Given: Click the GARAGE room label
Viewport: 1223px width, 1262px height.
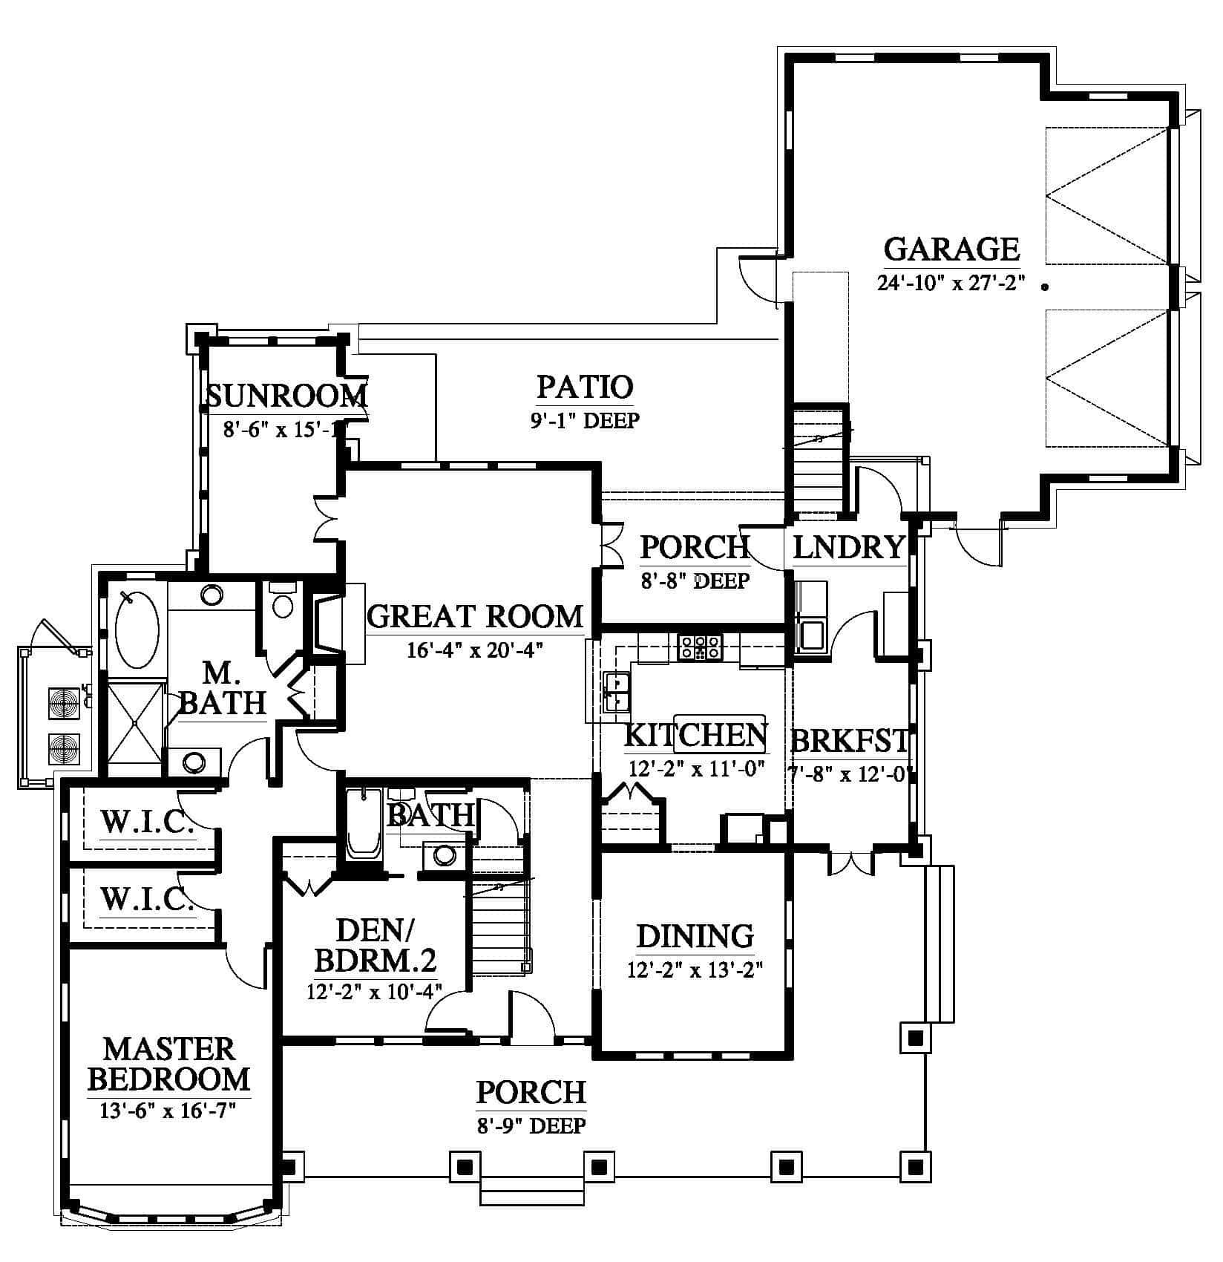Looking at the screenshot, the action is pyautogui.click(x=951, y=249).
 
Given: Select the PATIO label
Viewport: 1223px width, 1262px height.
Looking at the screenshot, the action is pyautogui.click(x=585, y=387).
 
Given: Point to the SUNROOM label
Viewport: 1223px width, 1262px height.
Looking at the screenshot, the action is pyautogui.click(x=286, y=396).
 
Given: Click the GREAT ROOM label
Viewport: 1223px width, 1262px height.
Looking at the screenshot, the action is pyautogui.click(x=476, y=616).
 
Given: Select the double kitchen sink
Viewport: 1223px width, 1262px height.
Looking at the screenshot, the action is pyautogui.click(x=617, y=692).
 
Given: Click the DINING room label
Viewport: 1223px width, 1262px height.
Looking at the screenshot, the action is pyautogui.click(x=695, y=936).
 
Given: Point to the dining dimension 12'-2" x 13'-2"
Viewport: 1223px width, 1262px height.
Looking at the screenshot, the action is pyautogui.click(x=695, y=970).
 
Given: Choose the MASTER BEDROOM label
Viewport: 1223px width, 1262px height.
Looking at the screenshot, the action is pyautogui.click(x=169, y=1064).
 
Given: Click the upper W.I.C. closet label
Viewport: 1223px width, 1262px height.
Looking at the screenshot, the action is pyautogui.click(x=148, y=822).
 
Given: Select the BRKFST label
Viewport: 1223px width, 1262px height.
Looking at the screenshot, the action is pyautogui.click(x=850, y=741).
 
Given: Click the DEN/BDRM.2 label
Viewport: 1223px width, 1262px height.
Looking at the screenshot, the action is pyautogui.click(x=375, y=945).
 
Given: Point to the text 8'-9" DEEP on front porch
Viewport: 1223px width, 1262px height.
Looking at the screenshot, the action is pyautogui.click(x=531, y=1125).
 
